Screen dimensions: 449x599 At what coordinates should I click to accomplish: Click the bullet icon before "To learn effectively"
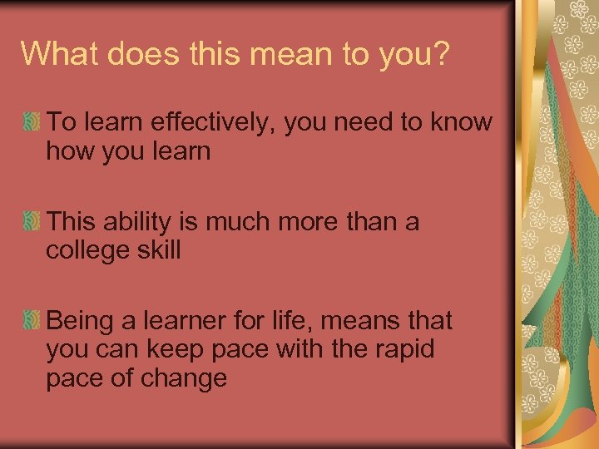pos(32,123)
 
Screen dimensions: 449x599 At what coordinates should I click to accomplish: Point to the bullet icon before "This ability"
pos(32,222)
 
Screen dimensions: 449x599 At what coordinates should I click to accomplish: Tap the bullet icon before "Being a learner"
pos(32,320)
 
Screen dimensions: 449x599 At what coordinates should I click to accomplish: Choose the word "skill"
pos(159,250)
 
